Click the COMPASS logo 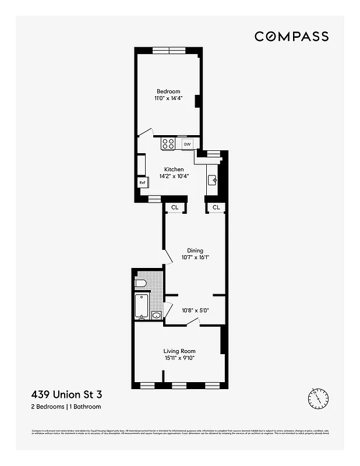(291, 36)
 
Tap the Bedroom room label (168, 91)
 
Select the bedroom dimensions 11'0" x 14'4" (168, 99)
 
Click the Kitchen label (174, 170)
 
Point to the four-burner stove (168, 143)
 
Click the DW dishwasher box (187, 144)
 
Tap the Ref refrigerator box (142, 182)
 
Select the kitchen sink (213, 179)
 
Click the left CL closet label (174, 207)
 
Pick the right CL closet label (216, 207)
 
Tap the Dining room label (195, 250)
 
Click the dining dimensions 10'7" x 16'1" (195, 258)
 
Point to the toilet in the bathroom (140, 284)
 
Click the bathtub (142, 306)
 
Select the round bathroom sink (156, 316)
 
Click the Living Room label (179, 351)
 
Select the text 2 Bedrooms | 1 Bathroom (69, 406)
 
